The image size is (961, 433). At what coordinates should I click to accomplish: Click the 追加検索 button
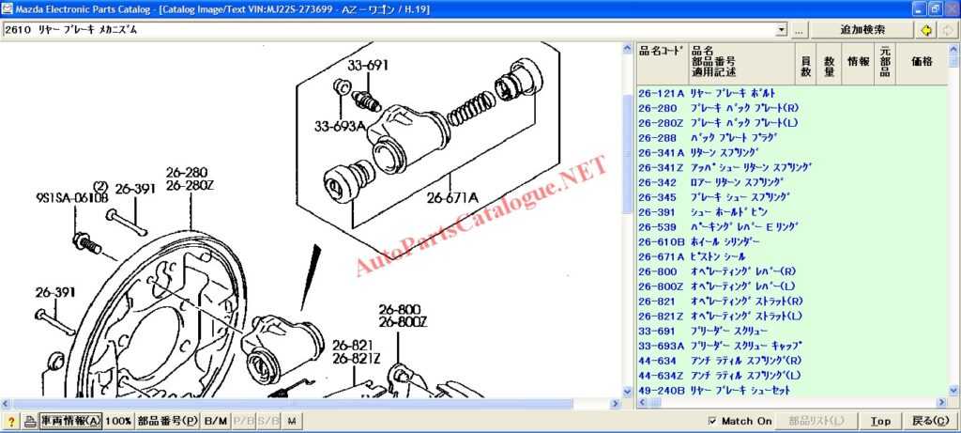pos(862,30)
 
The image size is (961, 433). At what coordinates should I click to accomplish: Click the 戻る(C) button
pos(930,422)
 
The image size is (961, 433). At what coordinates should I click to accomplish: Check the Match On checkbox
pos(712,422)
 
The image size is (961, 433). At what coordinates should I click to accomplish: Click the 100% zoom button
pos(117,422)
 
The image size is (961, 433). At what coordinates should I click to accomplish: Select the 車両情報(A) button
pos(70,422)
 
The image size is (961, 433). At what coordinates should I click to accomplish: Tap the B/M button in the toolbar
pos(215,422)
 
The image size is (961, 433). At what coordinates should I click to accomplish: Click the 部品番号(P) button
pos(168,422)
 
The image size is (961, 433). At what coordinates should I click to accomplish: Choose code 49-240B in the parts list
pos(661,390)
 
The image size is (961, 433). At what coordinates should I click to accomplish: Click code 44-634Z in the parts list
pos(661,375)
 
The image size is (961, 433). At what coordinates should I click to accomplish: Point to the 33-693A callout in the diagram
pos(339,126)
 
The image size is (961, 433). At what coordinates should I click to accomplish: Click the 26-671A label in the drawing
pos(452,198)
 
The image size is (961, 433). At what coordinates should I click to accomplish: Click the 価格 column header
pos(922,62)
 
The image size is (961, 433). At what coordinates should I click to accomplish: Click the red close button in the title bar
pos(950,8)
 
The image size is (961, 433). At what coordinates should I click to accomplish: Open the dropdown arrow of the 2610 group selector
pos(782,30)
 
